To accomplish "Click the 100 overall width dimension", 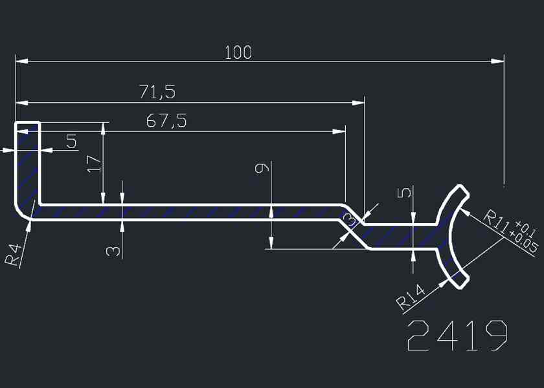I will tap(238, 52).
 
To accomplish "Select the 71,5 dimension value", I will tap(157, 92).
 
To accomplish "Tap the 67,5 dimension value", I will tap(166, 121).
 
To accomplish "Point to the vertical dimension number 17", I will tap(94, 162).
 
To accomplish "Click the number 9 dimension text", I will tap(261, 168).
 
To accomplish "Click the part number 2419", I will tap(457, 335).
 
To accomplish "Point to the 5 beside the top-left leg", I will tap(71, 142).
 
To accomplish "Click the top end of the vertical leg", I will tap(27, 124).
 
